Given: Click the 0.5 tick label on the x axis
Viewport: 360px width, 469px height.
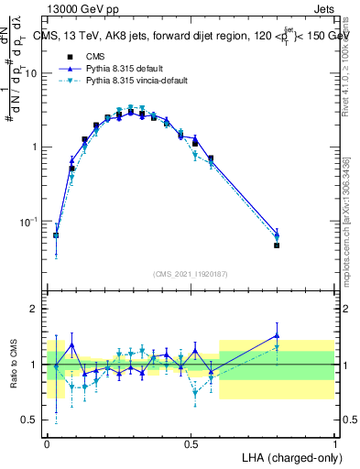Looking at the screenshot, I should click(191, 442).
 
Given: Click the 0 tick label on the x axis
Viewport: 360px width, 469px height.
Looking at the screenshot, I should click(47, 442).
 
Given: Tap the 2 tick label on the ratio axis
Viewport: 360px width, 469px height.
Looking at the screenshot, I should click(36, 309).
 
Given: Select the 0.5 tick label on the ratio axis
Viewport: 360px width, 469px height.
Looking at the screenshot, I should click(31, 420).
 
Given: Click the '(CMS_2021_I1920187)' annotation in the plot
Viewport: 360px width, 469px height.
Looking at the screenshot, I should click(191, 274).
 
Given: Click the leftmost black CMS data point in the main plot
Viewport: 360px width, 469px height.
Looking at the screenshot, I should click(56, 235).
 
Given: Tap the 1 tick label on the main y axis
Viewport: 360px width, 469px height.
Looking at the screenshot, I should click(36, 147).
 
